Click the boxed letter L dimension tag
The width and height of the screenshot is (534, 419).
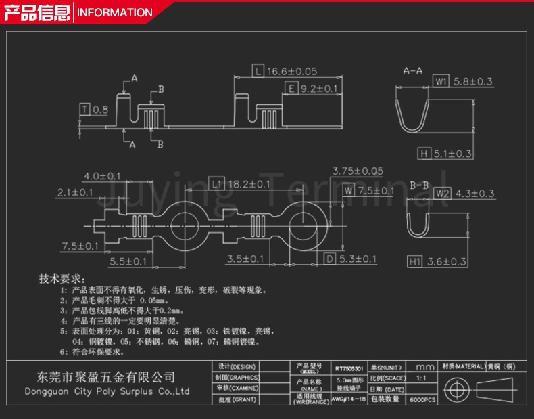[258, 71]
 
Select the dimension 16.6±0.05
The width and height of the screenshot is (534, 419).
[291, 71]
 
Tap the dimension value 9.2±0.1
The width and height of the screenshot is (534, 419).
[319, 89]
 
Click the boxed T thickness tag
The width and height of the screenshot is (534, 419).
[84, 109]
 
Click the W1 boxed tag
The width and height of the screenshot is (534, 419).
[440, 81]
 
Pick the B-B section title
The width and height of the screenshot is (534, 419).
[419, 184]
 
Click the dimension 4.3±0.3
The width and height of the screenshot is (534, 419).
[474, 194]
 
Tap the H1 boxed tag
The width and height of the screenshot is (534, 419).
[415, 261]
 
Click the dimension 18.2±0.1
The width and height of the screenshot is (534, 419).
[247, 183]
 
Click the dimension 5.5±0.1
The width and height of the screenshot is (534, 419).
[128, 261]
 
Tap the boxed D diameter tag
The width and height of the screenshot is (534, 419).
[329, 259]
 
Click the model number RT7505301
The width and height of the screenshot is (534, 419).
[349, 369]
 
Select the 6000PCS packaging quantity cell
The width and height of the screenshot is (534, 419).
[423, 401]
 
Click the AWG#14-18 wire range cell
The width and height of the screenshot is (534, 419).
[349, 400]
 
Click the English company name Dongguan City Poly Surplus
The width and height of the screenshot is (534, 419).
[107, 392]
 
